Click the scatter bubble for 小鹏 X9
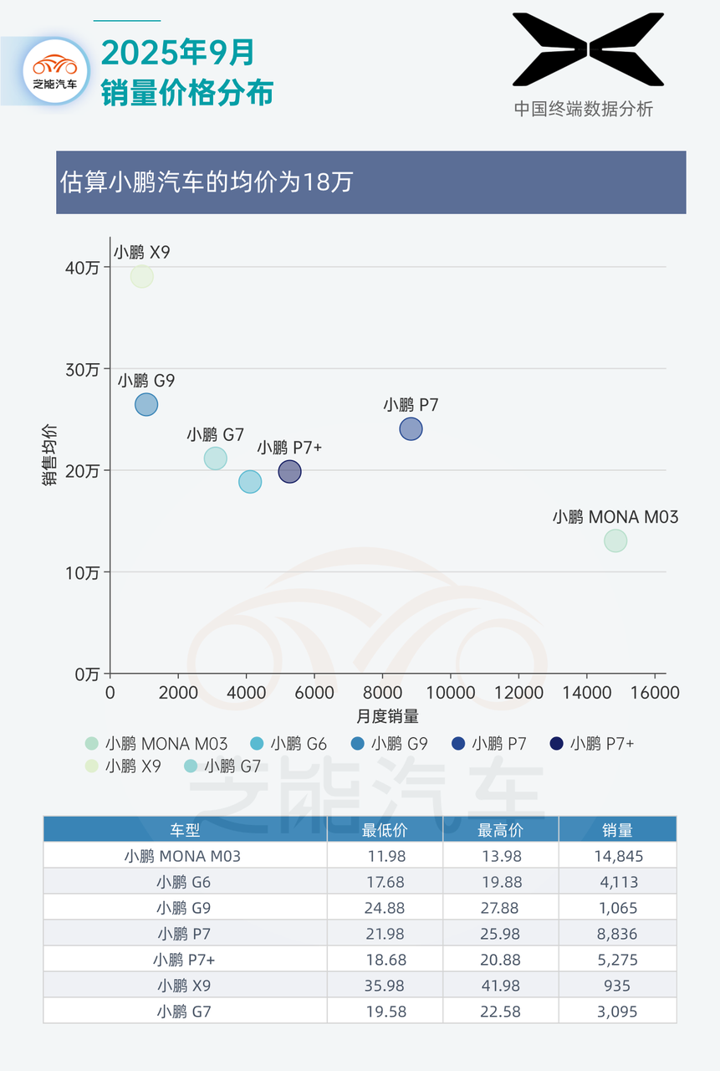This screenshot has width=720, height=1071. coord(142,276)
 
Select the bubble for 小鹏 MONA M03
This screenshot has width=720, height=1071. coord(615,541)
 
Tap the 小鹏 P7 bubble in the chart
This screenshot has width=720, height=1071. coord(411,429)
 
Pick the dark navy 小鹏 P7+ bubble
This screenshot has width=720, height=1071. coord(289,472)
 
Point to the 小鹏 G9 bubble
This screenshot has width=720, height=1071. coord(146,405)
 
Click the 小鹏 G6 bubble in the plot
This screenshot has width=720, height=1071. coord(250,482)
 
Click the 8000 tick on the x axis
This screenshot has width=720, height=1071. coord(382,694)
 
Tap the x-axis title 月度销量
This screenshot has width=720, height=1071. coord(387,716)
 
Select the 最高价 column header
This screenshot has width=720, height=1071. coord(500,830)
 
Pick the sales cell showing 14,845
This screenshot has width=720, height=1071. coord(617,856)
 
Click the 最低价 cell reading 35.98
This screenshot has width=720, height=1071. coord(385,986)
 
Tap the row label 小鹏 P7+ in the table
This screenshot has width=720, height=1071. coord(184,960)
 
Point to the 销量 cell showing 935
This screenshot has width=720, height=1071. coord(617,986)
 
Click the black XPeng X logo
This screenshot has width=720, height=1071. coord(588,49)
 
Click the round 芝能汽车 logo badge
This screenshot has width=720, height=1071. coord(55,70)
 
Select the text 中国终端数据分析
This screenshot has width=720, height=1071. coord(583,109)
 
